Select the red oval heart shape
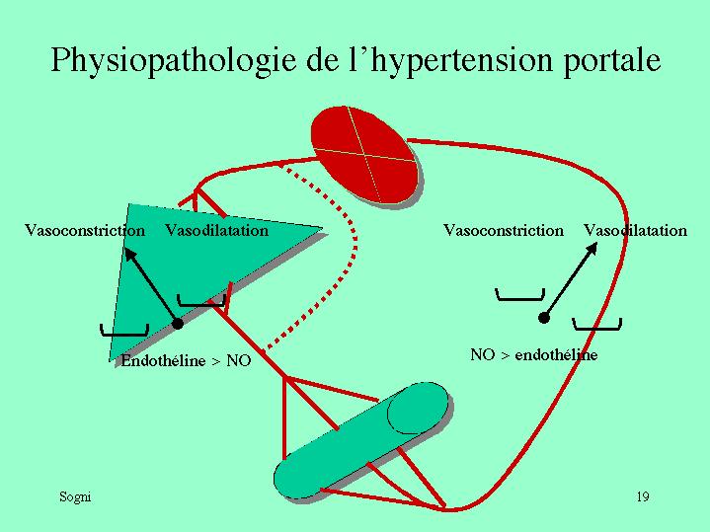[362, 153]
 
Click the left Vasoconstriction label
[85, 231]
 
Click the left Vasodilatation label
[216, 231]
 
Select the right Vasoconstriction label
[503, 231]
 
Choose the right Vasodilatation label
[635, 231]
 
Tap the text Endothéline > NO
[186, 361]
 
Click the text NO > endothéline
[533, 355]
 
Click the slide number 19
[642, 496]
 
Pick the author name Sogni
[75, 496]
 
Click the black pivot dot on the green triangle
[177, 323]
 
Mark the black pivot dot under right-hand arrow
[543, 318]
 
